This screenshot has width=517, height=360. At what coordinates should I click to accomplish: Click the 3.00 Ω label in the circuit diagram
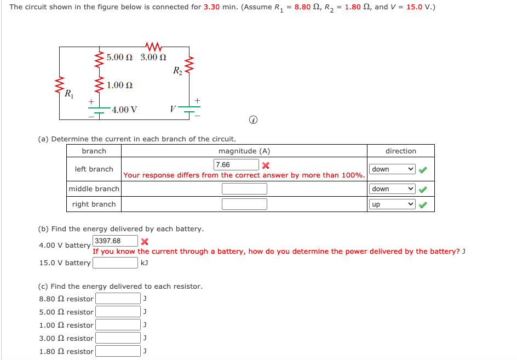pos(153,57)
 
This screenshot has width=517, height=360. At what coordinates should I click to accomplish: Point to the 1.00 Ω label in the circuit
pos(120,85)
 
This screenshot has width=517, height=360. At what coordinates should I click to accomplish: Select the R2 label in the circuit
pos(177,70)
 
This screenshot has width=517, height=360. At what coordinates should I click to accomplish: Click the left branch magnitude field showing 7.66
pos(236,165)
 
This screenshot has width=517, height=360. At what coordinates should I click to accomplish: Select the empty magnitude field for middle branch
pos(244,189)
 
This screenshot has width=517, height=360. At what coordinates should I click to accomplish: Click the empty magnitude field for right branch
pos(244,204)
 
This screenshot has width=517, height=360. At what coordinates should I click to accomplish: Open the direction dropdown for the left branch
pos(392,169)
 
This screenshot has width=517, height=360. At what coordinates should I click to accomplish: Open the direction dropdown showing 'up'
pos(392,204)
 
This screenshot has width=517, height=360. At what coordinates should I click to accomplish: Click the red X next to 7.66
pos(266,165)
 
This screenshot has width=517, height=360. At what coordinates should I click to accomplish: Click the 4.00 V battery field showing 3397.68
pos(115,241)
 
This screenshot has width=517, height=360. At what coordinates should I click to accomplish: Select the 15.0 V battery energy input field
pos(115,263)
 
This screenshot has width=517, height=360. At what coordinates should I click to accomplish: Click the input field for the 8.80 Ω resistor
pos(118,299)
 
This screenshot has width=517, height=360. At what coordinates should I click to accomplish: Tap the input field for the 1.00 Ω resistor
pos(118,325)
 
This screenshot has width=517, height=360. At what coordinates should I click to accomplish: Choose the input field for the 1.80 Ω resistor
pos(118,351)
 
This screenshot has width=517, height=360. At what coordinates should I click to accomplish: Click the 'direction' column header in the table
pos(400,151)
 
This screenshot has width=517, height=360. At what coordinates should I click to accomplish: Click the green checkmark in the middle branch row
pos(422,190)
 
